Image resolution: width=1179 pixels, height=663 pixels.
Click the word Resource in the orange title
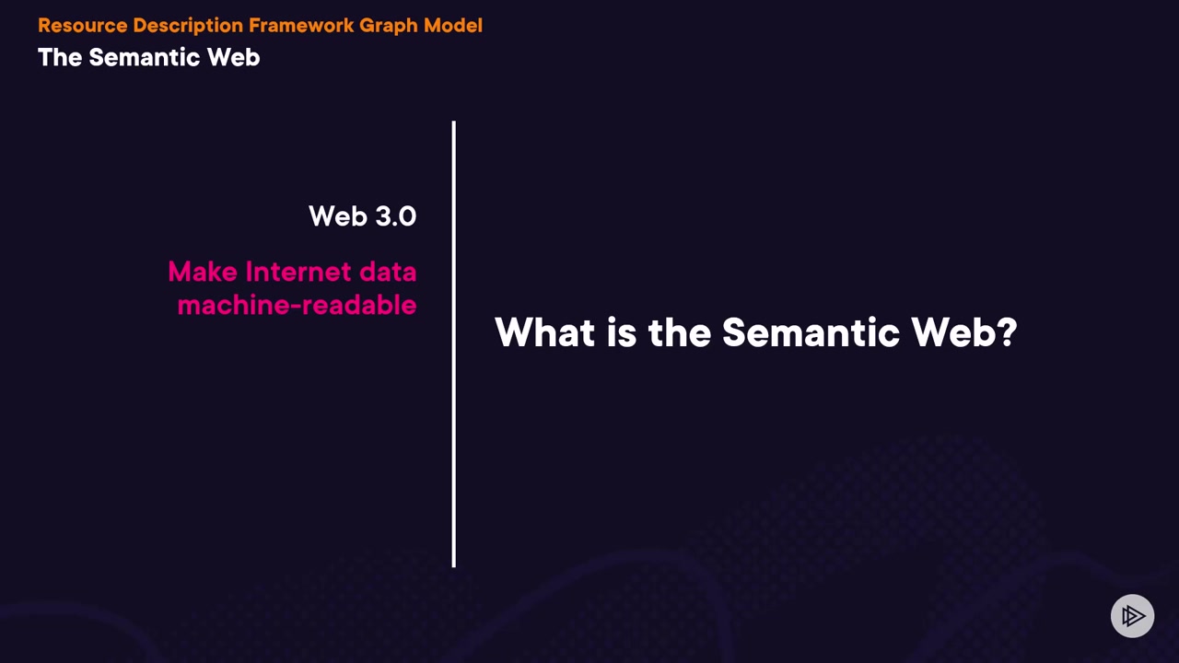pyautogui.click(x=83, y=25)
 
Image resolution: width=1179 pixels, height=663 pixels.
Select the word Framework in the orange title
pyautogui.click(x=301, y=25)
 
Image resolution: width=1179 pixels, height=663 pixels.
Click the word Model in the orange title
pyautogui.click(x=453, y=25)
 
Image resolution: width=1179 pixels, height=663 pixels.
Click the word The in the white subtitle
pyautogui.click(x=60, y=57)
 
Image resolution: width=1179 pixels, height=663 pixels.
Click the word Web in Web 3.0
pyautogui.click(x=338, y=216)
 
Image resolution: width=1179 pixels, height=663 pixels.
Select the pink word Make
pyautogui.click(x=203, y=272)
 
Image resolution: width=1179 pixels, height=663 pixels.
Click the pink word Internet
pyautogui.click(x=298, y=272)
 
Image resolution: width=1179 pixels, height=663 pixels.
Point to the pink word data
pyautogui.click(x=388, y=272)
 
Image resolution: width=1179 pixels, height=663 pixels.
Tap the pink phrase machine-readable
pyautogui.click(x=297, y=305)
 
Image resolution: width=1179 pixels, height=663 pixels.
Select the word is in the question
pyautogui.click(x=622, y=332)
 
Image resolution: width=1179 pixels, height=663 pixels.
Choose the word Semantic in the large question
pyautogui.click(x=811, y=332)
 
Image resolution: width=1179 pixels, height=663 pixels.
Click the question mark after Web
pyautogui.click(x=1008, y=332)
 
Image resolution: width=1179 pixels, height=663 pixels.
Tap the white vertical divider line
pyautogui.click(x=454, y=344)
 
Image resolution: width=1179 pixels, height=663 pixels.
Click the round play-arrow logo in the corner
pyautogui.click(x=1132, y=616)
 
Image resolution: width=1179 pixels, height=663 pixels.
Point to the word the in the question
pyautogui.click(x=680, y=332)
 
